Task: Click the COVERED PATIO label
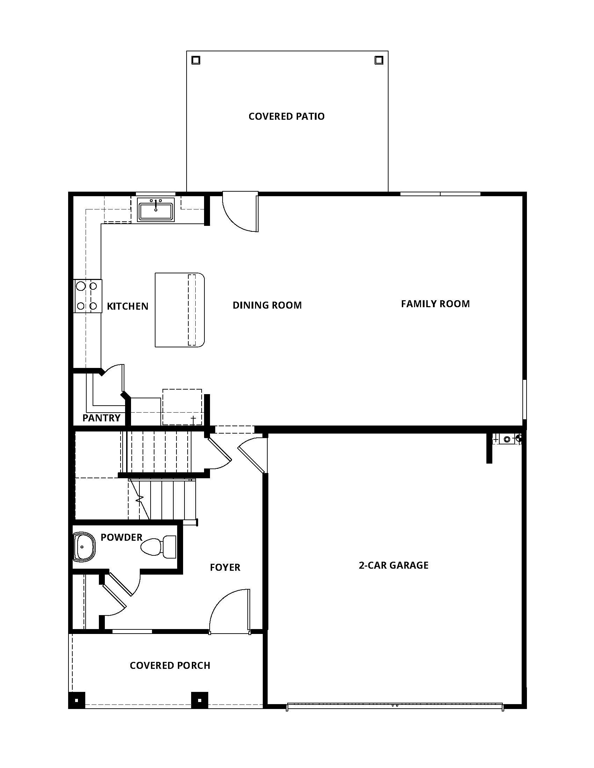[x=286, y=116]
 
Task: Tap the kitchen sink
[x=155, y=210]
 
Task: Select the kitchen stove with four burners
[x=88, y=296]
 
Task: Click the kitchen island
[x=180, y=310]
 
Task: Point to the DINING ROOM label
[x=267, y=305]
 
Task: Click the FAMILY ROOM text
[x=435, y=304]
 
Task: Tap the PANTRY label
[x=101, y=418]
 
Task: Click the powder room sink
[x=84, y=547]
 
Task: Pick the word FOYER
[x=225, y=567]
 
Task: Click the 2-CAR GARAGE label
[x=393, y=565]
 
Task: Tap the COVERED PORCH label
[x=170, y=665]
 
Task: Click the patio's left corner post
[x=196, y=60]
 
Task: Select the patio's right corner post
[x=379, y=60]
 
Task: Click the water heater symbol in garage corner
[x=507, y=439]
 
